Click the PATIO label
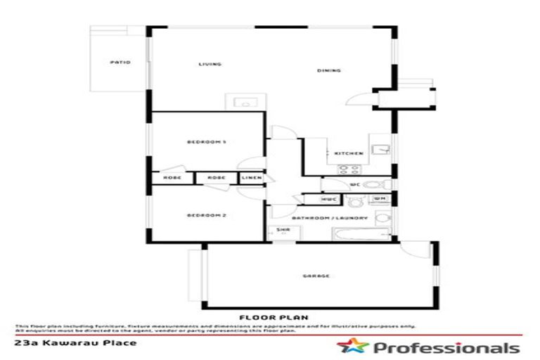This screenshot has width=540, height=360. pos(121,62)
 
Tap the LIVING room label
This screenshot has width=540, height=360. pos(210,64)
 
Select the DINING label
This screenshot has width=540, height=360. pos(329,70)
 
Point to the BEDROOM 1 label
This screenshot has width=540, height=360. pos(205,142)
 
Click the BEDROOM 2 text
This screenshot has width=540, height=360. pos(205,214)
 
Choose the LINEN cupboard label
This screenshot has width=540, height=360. pos(252,178)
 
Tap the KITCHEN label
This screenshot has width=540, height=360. pos(349,153)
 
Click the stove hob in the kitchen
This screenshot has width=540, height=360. pos(349,169)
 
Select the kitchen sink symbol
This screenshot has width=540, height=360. pos(380,148)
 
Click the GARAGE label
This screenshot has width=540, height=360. pos(317,276)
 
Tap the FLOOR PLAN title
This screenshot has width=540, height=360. pos(274,318)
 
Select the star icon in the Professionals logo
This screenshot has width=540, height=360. pos(349,347)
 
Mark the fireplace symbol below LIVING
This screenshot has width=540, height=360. pos(245,101)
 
